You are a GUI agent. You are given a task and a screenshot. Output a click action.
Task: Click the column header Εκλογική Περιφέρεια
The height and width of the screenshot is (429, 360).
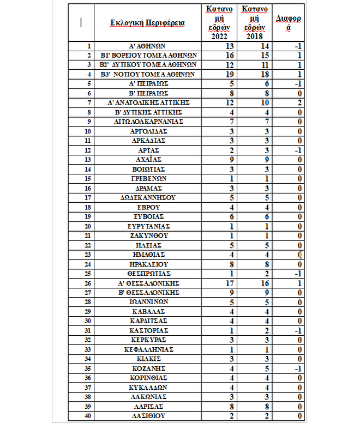147,23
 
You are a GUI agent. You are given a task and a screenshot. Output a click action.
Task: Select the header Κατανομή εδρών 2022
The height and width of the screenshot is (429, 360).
221,23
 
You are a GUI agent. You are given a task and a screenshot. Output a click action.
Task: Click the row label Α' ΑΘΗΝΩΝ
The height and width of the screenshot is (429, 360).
147,46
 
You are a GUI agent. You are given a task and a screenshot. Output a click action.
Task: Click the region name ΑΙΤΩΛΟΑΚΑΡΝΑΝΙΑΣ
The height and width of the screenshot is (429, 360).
147,122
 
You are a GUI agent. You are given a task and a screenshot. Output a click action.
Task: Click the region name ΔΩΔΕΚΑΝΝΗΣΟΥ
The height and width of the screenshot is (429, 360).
147,197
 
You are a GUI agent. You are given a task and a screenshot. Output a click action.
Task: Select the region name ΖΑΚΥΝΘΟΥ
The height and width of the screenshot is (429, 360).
147,235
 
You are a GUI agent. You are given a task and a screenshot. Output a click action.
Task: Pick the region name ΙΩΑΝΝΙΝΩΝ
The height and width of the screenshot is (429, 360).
147,301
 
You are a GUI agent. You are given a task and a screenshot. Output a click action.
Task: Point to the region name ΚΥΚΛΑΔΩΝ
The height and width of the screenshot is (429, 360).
147,386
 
